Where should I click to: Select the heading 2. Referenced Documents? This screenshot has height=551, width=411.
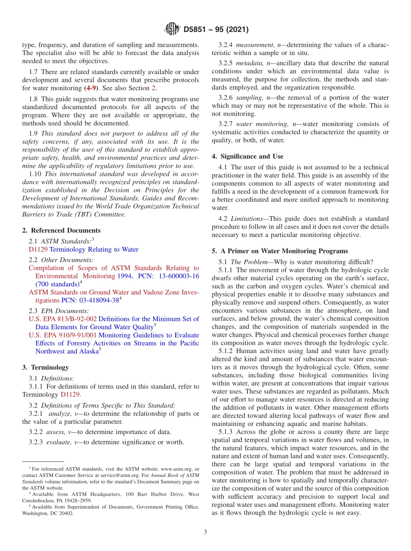[61, 230]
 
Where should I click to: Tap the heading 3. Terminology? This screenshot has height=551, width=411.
[45, 367]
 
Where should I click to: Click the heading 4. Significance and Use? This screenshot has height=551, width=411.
[247, 156]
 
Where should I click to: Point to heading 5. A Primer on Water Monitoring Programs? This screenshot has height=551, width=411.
[280, 251]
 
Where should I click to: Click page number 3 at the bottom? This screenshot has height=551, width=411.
[205, 532]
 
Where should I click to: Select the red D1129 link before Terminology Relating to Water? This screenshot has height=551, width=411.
[38, 250]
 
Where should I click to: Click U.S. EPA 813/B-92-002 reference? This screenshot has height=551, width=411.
[63, 319]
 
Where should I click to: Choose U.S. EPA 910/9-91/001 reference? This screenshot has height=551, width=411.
[63, 335]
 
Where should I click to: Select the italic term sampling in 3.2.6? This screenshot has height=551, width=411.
[248, 98]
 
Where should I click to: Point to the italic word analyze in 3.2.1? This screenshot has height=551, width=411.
[59, 414]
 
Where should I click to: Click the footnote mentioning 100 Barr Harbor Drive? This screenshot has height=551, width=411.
[110, 494]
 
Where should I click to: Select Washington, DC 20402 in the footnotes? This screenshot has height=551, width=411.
[48, 513]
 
